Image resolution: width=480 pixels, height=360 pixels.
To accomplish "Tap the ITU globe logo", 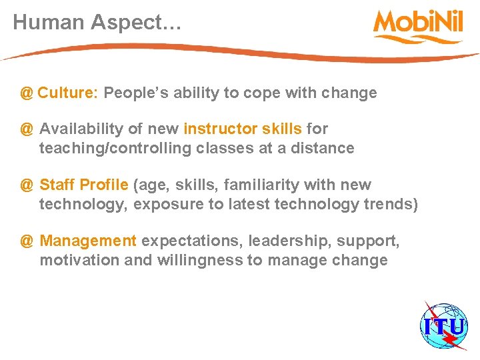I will pos(443,327).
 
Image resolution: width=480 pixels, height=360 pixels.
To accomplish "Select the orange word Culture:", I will pos(68,93).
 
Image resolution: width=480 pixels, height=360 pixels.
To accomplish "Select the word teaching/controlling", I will pos(115,148).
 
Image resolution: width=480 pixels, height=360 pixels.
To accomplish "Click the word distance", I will pos(325,148).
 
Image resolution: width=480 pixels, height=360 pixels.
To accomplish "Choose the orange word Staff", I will pos(57,185).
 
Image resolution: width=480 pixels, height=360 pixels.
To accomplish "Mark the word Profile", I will pos(105,185).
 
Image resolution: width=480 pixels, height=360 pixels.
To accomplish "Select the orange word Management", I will pos(88,241).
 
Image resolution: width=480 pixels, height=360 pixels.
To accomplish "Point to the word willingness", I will pos(200,260).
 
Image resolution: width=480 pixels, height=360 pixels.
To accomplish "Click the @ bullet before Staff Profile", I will pos(27,185).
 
